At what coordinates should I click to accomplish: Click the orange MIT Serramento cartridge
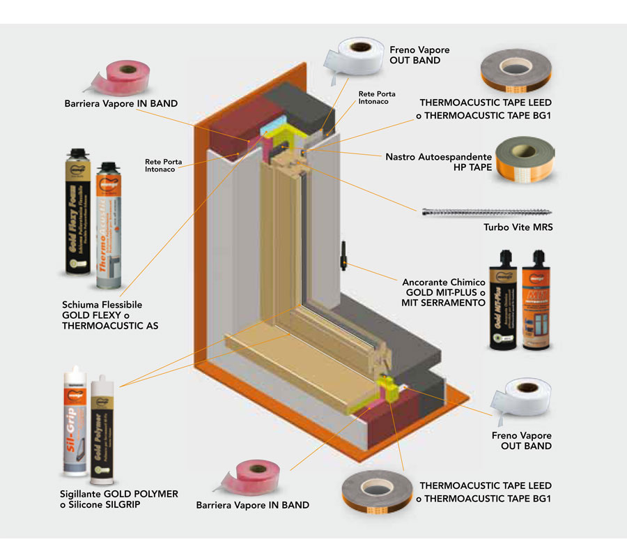[541, 299]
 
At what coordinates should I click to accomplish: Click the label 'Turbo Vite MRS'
[518, 227]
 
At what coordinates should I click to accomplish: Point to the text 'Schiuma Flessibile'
[102, 305]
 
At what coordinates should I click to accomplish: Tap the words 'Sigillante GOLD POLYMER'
[119, 494]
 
